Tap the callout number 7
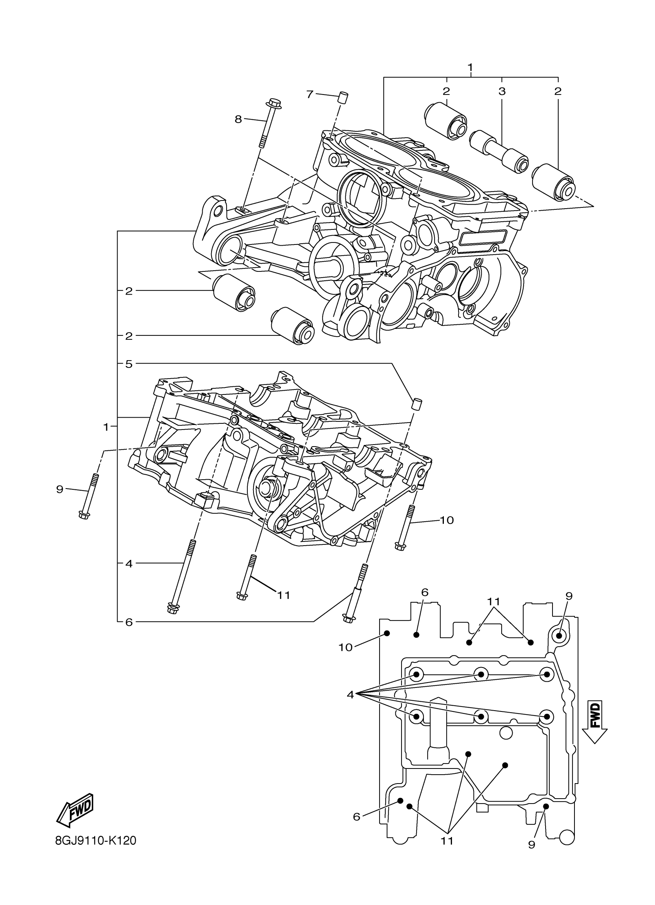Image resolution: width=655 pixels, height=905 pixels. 310,94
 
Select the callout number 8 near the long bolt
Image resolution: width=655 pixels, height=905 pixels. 238,119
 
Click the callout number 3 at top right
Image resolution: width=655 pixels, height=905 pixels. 502,91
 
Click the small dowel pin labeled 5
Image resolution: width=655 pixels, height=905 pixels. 417,404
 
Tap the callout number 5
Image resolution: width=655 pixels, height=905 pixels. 128,364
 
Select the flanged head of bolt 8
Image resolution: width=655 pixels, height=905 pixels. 274,103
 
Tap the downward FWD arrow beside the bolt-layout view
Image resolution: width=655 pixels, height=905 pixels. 595,722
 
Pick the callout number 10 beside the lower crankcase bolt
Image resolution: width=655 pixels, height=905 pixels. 447,520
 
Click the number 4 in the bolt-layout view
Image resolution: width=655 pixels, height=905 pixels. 350,695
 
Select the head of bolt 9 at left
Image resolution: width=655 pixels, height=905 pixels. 84,515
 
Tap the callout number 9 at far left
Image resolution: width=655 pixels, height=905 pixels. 60,489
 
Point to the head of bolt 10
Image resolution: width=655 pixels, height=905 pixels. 400,546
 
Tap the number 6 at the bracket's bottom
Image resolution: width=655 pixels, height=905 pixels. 128,622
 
